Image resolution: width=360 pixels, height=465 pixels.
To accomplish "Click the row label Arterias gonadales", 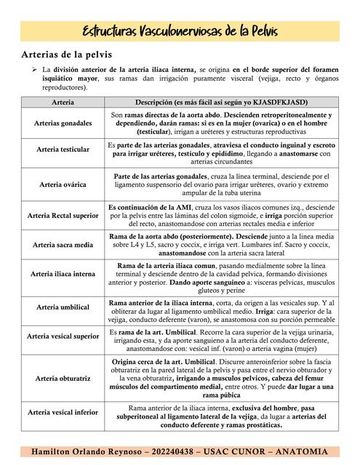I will pos(63,124).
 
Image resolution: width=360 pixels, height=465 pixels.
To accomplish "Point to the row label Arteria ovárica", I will pos(63,185).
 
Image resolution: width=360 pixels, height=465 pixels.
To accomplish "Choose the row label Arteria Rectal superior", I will pos(63,216).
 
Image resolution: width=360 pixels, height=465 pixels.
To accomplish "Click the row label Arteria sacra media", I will pos(63,246).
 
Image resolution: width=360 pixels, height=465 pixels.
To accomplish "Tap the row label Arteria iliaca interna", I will pos(63,274).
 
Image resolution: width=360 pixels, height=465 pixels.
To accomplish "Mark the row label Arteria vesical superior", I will pos(63,336).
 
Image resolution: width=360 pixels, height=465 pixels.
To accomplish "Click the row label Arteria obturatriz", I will pos(63,379).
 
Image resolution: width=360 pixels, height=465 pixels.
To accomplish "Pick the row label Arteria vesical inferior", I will pos(63,412).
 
